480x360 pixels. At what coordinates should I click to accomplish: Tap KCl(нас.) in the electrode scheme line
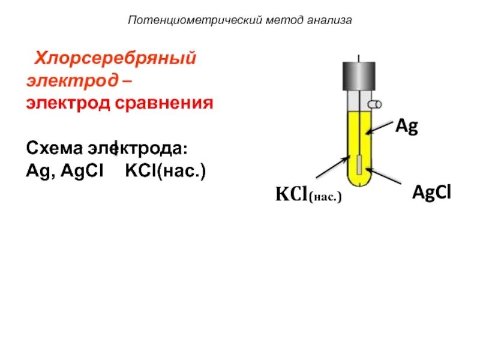tap(165, 172)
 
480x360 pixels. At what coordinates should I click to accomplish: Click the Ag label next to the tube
tap(406, 127)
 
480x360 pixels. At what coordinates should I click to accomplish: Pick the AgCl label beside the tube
tap(431, 192)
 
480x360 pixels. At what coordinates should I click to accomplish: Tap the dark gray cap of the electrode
tap(358, 76)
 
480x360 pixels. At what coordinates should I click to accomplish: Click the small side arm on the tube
tap(376, 104)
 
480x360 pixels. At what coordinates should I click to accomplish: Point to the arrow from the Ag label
tap(379, 127)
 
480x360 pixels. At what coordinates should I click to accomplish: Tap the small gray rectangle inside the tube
tap(358, 164)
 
